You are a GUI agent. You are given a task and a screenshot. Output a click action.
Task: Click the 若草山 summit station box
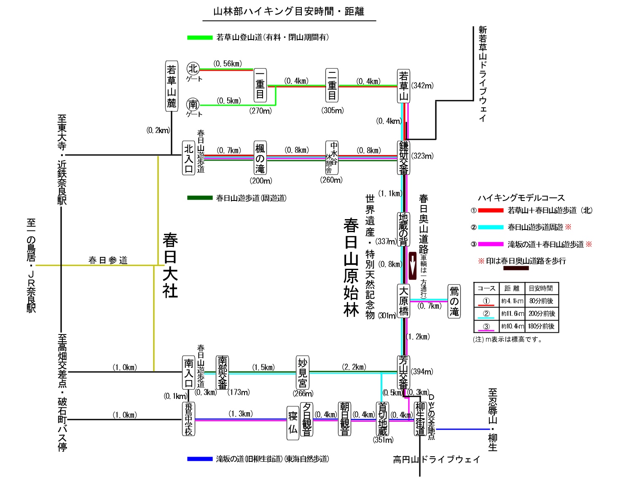pos(403,86)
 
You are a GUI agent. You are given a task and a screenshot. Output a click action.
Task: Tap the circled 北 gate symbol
pos(193,68)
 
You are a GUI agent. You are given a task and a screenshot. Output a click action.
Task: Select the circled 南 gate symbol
pos(193,104)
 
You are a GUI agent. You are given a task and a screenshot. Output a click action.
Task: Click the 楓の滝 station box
pos(260,158)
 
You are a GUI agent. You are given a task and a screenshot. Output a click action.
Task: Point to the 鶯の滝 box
pos(454,301)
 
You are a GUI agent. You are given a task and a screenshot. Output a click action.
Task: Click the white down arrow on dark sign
pos(413,266)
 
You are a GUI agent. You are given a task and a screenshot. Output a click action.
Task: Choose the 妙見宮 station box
pos(303,372)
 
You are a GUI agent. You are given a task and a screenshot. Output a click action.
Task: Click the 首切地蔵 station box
pos(382,419)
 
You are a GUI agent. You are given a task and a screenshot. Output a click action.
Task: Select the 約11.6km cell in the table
pos(512,314)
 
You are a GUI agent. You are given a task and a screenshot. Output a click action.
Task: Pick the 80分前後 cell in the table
pos(541,301)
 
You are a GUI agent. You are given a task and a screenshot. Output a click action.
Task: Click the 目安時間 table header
pos(541,289)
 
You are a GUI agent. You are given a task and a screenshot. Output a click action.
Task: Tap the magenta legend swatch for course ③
pos(491,244)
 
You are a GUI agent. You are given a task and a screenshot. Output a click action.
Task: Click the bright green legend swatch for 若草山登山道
pos(200,37)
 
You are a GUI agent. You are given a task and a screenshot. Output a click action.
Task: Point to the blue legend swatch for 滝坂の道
pos(200,459)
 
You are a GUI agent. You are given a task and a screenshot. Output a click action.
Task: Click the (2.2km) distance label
pos(354,367)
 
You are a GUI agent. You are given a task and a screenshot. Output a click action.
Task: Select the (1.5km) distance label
pos(263,367)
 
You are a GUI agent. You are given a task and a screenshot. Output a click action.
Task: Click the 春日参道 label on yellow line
pos(108,260)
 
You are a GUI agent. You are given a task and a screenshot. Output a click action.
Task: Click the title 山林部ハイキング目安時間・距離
pos(289,11)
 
